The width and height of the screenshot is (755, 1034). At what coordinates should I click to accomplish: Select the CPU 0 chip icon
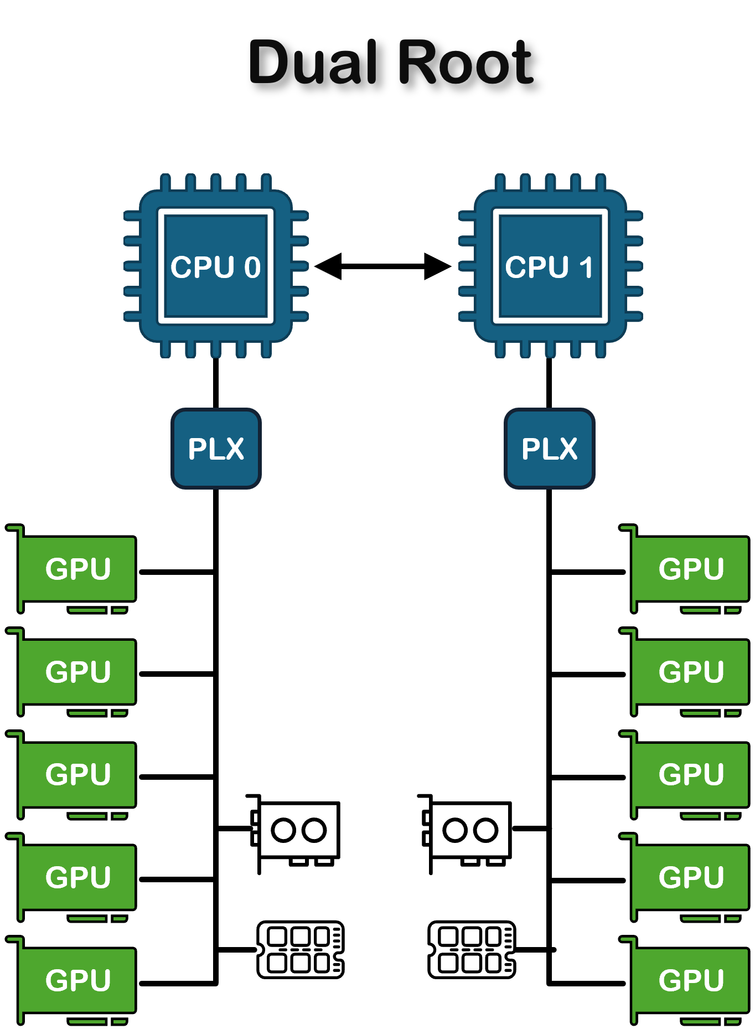[x=216, y=266]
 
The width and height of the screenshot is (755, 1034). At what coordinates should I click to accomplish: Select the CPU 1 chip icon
[x=550, y=266]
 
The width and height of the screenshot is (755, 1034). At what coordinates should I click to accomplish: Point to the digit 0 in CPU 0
[x=252, y=267]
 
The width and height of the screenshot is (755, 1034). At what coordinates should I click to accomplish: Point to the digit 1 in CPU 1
[x=586, y=267]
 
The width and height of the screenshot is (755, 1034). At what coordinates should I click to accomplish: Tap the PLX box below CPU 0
[x=216, y=449]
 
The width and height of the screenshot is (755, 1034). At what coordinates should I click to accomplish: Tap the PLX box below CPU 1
[x=550, y=449]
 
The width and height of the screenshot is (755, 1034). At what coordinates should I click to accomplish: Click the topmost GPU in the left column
[x=77, y=569]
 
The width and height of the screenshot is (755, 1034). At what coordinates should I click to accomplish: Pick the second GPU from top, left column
[x=77, y=672]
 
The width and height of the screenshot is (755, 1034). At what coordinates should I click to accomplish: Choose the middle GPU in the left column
[x=77, y=774]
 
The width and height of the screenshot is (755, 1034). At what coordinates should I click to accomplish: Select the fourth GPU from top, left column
[x=77, y=877]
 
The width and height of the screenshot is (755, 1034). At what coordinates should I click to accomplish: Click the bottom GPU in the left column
[x=77, y=980]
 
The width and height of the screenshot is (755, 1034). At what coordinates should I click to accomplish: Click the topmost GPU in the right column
[x=691, y=569]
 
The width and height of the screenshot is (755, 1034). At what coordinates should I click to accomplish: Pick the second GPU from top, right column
[x=691, y=672]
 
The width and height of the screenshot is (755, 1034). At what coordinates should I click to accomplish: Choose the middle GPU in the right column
[x=691, y=774]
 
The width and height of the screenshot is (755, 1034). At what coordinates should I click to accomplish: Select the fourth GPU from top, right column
[x=691, y=877]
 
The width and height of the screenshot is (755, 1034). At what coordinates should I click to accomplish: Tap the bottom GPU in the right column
[x=691, y=980]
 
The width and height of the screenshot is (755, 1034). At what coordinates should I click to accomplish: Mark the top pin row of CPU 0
[x=216, y=182]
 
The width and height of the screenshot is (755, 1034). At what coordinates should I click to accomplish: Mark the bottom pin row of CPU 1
[x=550, y=350]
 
